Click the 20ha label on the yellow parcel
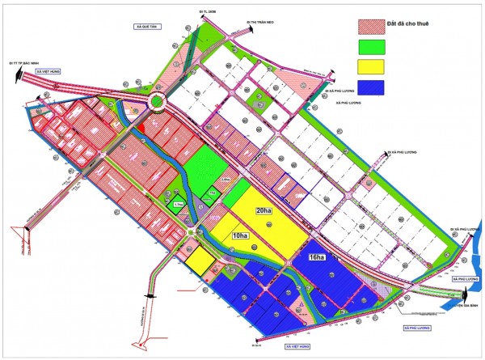264,210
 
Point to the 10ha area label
240,235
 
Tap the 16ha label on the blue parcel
316,258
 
